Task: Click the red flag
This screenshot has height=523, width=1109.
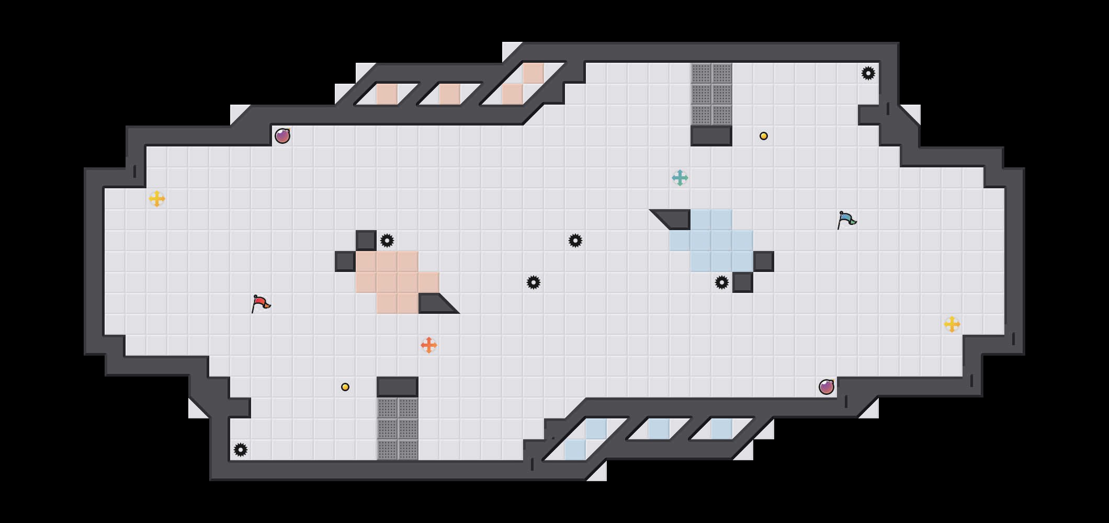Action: pyautogui.click(x=261, y=303)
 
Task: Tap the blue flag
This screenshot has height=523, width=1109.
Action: pyautogui.click(x=846, y=220)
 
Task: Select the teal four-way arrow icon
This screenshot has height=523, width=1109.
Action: pyautogui.click(x=680, y=178)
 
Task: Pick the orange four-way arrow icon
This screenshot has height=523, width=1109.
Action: pyautogui.click(x=429, y=345)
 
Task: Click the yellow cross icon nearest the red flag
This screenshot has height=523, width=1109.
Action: pyautogui.click(x=157, y=199)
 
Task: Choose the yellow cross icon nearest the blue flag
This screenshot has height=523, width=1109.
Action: pyautogui.click(x=952, y=324)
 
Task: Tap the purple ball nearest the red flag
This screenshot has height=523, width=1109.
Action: pyautogui.click(x=282, y=136)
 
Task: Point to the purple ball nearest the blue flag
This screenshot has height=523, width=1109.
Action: pyautogui.click(x=827, y=387)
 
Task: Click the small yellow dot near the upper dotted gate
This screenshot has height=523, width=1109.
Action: pyautogui.click(x=764, y=136)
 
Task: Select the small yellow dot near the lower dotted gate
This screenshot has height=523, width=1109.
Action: pyautogui.click(x=345, y=387)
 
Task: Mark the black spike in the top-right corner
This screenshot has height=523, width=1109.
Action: pyautogui.click(x=868, y=73)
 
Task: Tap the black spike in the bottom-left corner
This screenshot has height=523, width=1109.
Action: pyautogui.click(x=241, y=450)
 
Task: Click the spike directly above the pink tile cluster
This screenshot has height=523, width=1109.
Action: pyautogui.click(x=387, y=241)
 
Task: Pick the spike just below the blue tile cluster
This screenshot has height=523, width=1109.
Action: pyautogui.click(x=722, y=282)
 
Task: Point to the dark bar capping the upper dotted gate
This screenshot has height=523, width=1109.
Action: pyautogui.click(x=711, y=136)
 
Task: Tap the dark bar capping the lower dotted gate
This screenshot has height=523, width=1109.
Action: pyautogui.click(x=398, y=387)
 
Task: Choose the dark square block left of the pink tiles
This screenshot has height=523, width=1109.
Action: pyautogui.click(x=345, y=261)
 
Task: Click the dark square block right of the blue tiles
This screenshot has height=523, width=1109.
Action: pyautogui.click(x=764, y=261)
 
